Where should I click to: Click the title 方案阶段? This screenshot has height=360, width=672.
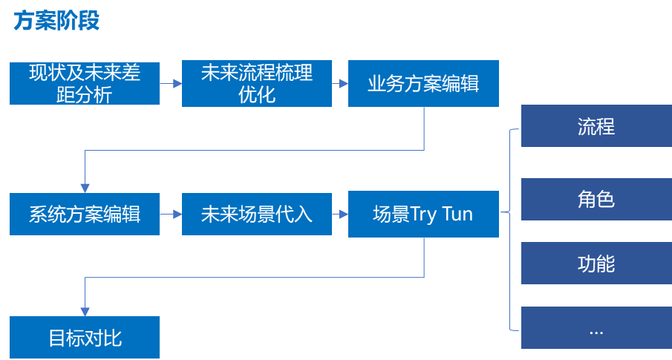[56, 22]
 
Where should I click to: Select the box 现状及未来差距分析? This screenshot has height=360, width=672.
[85, 83]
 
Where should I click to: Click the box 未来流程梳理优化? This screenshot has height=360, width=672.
[256, 83]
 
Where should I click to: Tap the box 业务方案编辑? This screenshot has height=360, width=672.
[423, 83]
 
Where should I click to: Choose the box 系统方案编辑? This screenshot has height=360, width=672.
[85, 215]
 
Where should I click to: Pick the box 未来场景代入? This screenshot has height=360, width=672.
[256, 215]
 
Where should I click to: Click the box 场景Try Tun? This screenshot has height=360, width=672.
[423, 215]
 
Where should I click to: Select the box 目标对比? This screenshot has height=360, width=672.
[85, 338]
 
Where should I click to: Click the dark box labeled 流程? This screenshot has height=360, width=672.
[596, 126]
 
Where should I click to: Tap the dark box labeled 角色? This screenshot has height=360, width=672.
[596, 199]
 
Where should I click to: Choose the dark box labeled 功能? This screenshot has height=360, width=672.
[596, 264]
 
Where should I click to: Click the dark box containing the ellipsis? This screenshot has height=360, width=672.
[596, 328]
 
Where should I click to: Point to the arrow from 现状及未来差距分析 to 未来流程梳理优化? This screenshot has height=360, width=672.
[171, 84]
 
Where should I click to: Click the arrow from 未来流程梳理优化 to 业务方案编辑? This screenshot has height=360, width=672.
[340, 84]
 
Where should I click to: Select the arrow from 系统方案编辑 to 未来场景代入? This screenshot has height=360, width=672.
[171, 215]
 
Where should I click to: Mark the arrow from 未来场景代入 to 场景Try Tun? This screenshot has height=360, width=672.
[340, 215]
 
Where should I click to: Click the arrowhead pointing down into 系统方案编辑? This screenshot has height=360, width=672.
[85, 188]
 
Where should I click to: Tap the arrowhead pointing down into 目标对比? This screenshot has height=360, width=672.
[85, 311]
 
